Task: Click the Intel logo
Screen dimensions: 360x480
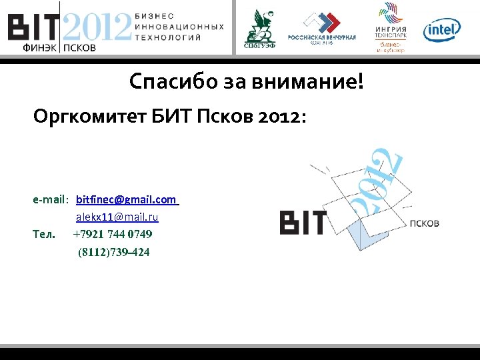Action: [441, 29]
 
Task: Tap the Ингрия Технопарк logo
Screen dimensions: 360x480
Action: [390, 27]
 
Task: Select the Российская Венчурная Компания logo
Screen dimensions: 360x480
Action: [322, 28]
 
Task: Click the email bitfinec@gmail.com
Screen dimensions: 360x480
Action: [127, 199]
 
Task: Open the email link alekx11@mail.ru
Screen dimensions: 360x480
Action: [117, 217]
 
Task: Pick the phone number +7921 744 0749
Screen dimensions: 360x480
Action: [112, 235]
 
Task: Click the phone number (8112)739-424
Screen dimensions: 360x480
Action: [113, 252]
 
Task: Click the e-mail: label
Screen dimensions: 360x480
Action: [51, 199]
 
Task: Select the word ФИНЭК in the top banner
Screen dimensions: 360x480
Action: [40, 48]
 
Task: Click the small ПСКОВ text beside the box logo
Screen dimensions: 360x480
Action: [425, 223]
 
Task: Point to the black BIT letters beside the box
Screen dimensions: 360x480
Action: [303, 223]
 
